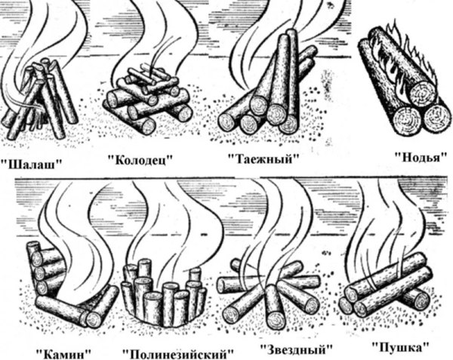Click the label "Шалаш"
coord(31,164)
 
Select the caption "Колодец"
coord(139,159)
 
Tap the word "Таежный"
coord(263,158)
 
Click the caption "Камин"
coord(63,353)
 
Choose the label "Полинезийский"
coord(178,353)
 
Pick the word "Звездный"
coord(297,349)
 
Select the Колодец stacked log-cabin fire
coord(147,97)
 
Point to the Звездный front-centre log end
coord(275,318)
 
